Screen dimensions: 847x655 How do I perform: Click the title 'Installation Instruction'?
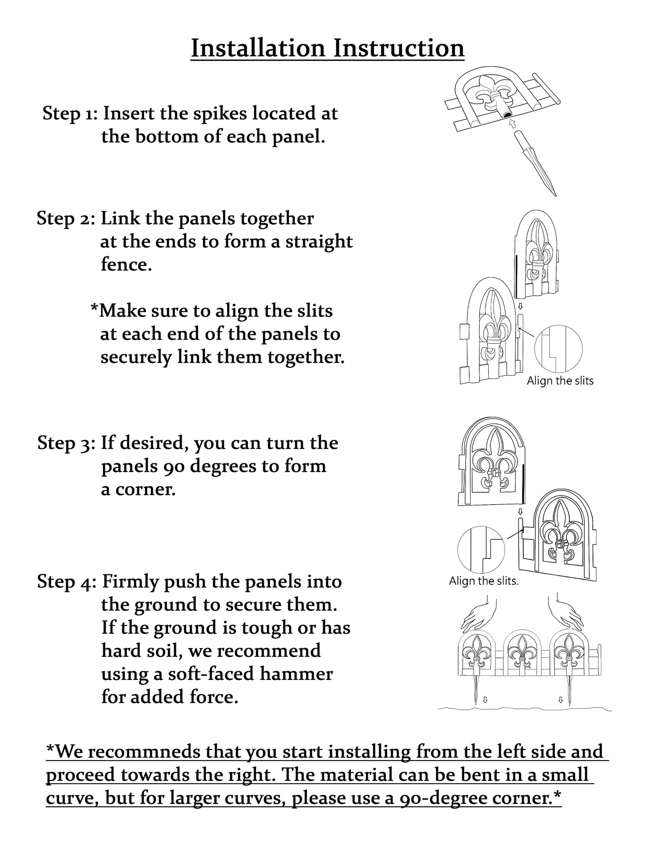pyautogui.click(x=327, y=48)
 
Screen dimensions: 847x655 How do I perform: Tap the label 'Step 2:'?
pyautogui.click(x=66, y=219)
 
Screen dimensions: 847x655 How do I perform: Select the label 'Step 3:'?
pyautogui.click(x=66, y=443)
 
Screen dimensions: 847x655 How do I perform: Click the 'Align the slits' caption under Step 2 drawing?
pyautogui.click(x=560, y=381)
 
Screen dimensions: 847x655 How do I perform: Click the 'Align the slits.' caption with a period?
pyautogui.click(x=483, y=581)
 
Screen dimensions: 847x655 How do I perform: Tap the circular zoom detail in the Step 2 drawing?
pyautogui.click(x=558, y=348)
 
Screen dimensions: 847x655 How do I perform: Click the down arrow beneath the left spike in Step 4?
pyautogui.click(x=485, y=700)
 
